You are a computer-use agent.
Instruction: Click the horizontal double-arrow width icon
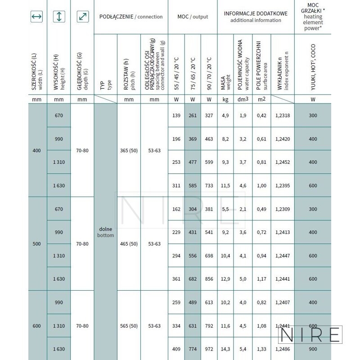click(x=36, y=17)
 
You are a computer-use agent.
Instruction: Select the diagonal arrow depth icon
click(x=82, y=17)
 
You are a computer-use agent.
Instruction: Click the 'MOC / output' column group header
click(x=193, y=17)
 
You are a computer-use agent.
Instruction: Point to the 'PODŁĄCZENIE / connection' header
click(x=130, y=17)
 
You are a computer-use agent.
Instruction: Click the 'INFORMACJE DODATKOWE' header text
click(x=256, y=14)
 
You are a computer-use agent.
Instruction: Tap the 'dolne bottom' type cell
click(x=105, y=232)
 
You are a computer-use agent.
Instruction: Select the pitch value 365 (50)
click(x=129, y=150)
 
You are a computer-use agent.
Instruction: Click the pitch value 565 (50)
click(x=129, y=324)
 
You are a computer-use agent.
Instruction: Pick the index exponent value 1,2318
click(x=280, y=116)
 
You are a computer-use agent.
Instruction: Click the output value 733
click(x=208, y=185)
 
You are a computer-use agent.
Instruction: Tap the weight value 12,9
click(x=225, y=279)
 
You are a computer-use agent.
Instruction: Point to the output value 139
click(x=176, y=116)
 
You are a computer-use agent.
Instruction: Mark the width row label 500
click(x=36, y=244)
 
